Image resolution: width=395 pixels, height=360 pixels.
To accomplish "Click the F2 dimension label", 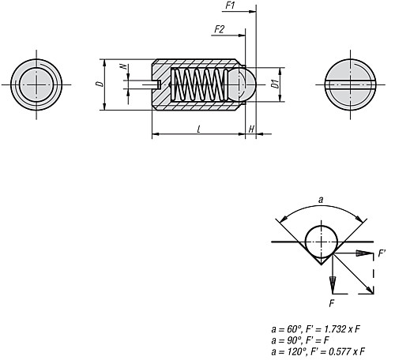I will pos(219,29).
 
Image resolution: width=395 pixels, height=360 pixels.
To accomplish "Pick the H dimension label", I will pos(251,128).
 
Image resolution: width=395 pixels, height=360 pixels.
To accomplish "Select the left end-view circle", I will pos(36,83).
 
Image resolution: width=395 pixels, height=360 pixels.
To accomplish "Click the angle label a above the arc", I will pos(320,202).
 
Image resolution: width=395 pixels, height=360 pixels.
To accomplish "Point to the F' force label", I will pos(382,254).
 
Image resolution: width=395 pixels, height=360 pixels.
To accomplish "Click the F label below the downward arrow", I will pos(332,301).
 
